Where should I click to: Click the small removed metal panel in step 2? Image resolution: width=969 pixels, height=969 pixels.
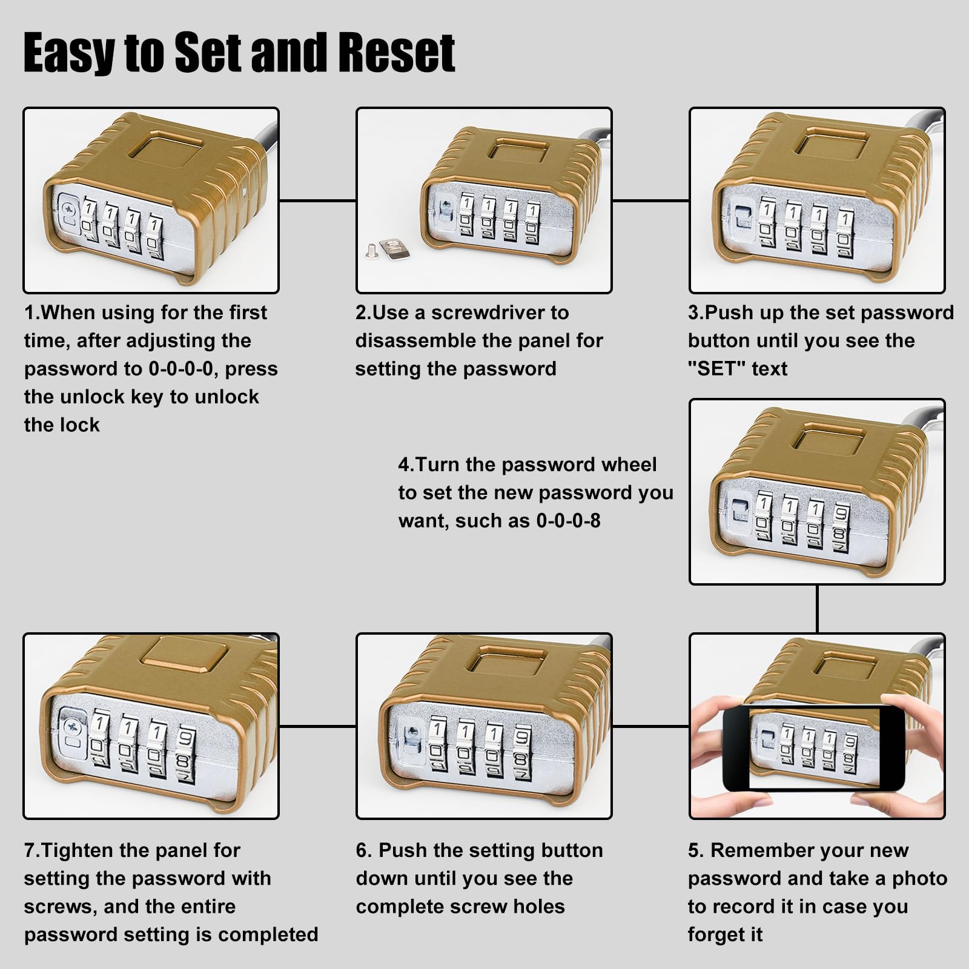click(392, 246)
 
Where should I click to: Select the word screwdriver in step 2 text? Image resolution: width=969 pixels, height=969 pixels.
click(491, 313)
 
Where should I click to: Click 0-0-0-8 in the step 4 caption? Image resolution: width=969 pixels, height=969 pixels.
click(568, 521)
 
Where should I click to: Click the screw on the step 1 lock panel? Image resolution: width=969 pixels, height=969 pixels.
click(69, 209)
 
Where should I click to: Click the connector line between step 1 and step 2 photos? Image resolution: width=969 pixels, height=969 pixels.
click(317, 200)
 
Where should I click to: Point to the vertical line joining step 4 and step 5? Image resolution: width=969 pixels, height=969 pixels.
click(817, 609)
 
